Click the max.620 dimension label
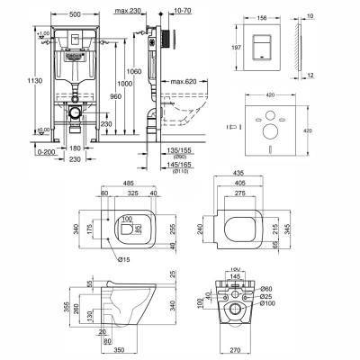point(185,81)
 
